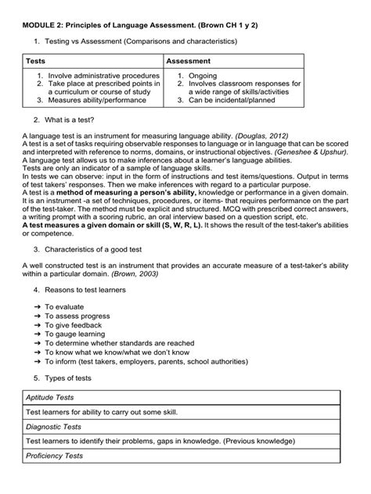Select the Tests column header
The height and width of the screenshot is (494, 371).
click(36, 61)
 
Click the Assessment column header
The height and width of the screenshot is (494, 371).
click(193, 61)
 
